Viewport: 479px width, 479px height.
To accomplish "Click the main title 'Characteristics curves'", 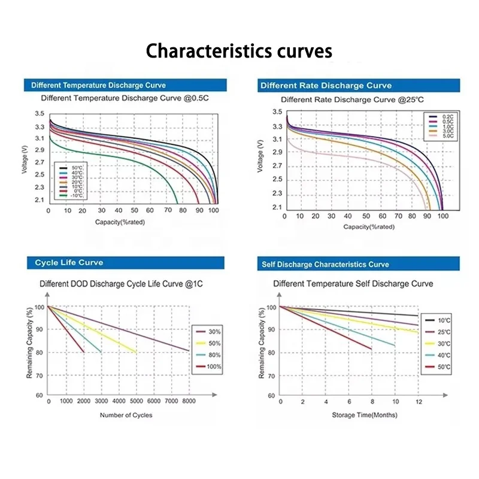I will pyautogui.click(x=239, y=51).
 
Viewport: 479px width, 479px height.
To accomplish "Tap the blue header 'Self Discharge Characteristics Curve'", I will pyautogui.click(x=325, y=264).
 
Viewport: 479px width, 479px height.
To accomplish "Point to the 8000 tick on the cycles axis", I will pyautogui.click(x=189, y=401).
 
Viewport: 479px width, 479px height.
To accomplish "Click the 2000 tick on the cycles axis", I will pyautogui.click(x=84, y=401).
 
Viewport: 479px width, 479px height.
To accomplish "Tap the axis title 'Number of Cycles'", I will pyautogui.click(x=126, y=415).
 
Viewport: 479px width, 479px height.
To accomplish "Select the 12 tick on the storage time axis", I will pyautogui.click(x=418, y=401).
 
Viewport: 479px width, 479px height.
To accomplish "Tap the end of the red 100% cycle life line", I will pyautogui.click(x=84, y=352).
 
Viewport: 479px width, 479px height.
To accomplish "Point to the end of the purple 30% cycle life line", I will pyautogui.click(x=189, y=350).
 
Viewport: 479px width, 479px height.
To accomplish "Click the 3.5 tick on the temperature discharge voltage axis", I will pyautogui.click(x=39, y=114).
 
